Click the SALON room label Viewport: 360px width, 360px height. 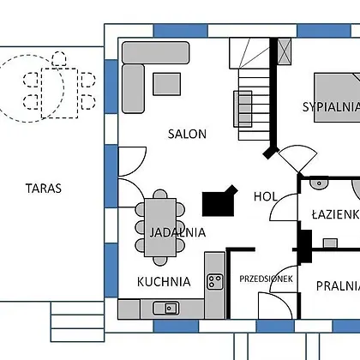[x=187, y=134]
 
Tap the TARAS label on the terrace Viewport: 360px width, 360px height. [x=44, y=189]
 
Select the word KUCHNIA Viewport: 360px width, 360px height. [x=164, y=282]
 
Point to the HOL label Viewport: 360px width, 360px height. [x=266, y=196]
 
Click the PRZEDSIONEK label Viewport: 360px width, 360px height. [x=266, y=279]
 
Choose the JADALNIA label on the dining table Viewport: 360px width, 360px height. [x=177, y=232]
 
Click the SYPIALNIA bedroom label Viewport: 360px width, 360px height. [x=331, y=107]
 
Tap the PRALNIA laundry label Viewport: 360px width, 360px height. [x=338, y=286]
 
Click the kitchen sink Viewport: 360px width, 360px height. [x=166, y=309]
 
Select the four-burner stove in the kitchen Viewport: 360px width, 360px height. [x=215, y=282]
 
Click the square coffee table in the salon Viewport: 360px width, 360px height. [x=167, y=84]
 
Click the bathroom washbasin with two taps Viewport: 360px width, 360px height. [x=319, y=183]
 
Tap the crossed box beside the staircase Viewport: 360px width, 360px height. [x=285, y=51]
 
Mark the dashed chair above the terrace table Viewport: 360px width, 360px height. [x=59, y=59]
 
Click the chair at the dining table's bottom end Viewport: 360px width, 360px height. [x=160, y=261]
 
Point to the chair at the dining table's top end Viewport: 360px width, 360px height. [x=160, y=195]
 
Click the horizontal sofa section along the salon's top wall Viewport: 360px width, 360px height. [x=156, y=52]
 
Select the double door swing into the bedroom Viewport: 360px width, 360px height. [x=298, y=159]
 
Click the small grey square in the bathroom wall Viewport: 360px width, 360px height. [x=330, y=243]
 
